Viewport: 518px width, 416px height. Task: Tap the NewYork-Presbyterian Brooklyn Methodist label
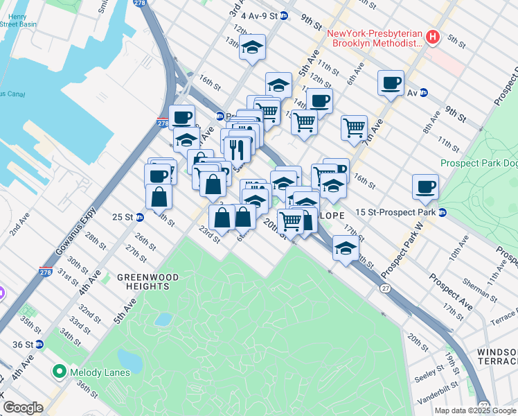point(375,37)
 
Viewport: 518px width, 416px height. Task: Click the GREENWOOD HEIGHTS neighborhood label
point(148,282)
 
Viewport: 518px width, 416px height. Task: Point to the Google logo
point(23,408)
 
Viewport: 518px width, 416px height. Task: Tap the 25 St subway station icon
point(139,217)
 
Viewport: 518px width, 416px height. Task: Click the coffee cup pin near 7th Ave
point(391,83)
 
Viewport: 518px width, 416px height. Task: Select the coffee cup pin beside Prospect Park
point(425,186)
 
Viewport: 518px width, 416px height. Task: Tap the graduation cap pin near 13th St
point(253,47)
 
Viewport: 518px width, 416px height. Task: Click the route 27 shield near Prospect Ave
point(384,286)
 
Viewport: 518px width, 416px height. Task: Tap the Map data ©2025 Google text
point(475,410)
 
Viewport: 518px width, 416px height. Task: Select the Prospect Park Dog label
point(479,164)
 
